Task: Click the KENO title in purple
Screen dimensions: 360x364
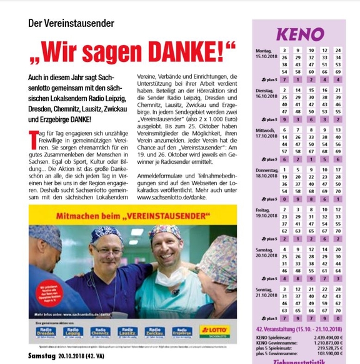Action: coord(299,33)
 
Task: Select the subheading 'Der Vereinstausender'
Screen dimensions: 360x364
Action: coord(71,23)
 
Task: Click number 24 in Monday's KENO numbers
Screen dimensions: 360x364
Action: coord(338,50)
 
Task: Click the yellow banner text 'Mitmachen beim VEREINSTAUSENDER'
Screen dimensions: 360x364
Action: coord(132,214)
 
